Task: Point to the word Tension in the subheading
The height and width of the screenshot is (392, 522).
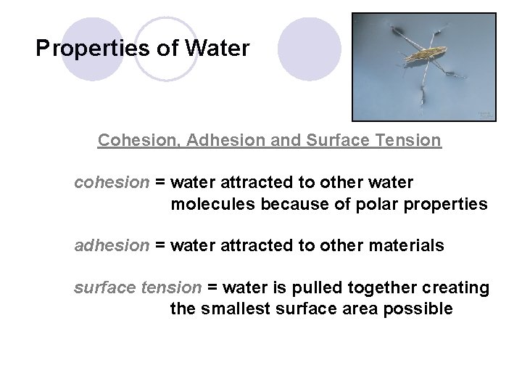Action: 410,140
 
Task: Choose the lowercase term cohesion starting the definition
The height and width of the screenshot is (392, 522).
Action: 110,183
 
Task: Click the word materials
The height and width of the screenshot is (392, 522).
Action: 409,246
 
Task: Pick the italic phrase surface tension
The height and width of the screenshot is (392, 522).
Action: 138,288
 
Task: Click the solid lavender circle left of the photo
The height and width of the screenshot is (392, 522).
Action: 310,49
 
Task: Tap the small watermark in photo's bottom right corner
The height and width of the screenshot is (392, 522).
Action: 484,114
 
